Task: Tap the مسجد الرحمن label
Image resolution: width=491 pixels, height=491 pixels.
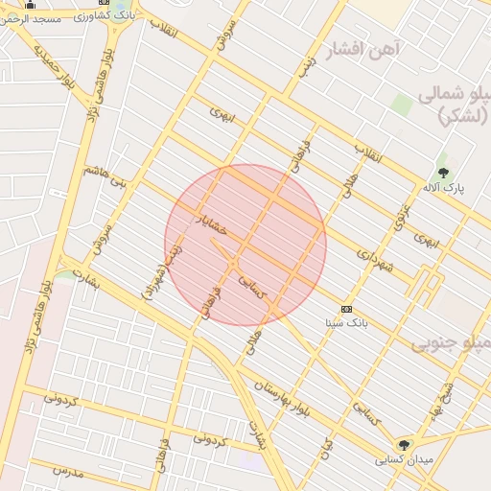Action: pos(49,19)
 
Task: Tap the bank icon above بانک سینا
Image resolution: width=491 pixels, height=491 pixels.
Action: pos(346,310)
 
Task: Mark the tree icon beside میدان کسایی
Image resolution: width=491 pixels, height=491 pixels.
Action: pos(404,445)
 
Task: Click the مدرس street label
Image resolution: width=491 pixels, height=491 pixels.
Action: pos(69,471)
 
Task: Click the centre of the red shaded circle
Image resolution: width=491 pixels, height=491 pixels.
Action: pos(245,245)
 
